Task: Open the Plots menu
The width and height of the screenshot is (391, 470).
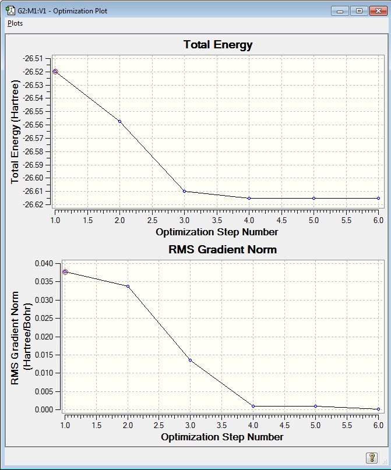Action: coord(15,23)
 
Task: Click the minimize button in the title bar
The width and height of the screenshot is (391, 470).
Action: coord(340,10)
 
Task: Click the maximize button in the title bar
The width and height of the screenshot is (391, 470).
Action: coord(358,10)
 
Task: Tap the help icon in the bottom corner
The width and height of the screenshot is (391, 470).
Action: coord(371,458)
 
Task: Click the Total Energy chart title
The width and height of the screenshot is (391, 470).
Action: coord(217,45)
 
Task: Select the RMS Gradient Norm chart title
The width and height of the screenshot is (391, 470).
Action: coord(222,249)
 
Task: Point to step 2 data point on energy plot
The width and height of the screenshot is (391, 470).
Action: coord(119,121)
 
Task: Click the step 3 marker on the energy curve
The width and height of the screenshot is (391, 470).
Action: coord(184,191)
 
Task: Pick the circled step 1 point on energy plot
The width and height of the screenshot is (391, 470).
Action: coord(55,72)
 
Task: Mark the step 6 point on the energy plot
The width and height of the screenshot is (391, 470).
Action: coord(378,198)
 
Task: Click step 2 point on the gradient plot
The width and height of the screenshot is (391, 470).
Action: coord(128,286)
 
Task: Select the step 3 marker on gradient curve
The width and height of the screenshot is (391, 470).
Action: coord(191,360)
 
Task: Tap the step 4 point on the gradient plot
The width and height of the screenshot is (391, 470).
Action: coord(253,406)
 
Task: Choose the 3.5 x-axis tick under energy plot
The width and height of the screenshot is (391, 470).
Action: coord(217,221)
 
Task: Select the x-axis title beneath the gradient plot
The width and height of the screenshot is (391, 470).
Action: coord(222,437)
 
